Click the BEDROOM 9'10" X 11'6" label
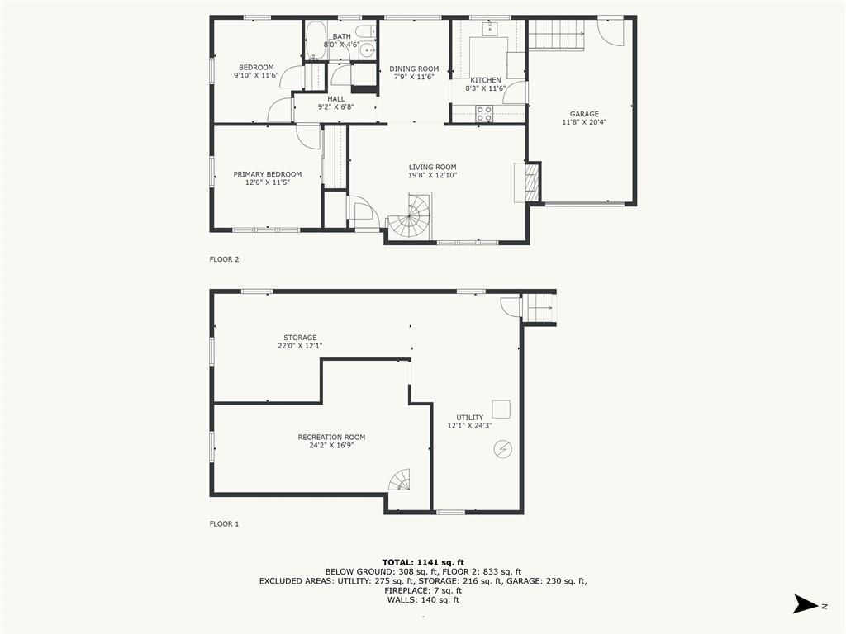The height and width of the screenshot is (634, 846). coord(256,72)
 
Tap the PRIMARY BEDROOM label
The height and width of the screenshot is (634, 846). coord(268,174)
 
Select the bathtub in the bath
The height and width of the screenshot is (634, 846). coord(315,40)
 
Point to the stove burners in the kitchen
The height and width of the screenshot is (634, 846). coord(484,113)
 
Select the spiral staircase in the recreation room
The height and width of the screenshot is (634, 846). coord(400,480)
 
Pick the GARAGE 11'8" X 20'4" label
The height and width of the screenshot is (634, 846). coord(584,118)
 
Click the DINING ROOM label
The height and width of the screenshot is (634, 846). coord(414,69)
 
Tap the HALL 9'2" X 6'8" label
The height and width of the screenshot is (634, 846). coord(335,103)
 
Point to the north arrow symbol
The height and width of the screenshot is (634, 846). coord(806,603)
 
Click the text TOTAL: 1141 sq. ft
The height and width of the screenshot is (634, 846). coord(423,562)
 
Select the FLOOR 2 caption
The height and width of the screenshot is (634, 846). coord(224,259)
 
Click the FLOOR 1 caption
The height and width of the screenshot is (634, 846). coord(224,523)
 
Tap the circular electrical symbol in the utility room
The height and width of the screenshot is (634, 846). coord(503,449)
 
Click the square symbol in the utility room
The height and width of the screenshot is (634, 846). coord(501,409)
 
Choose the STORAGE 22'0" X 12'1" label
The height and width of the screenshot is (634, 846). coord(300,342)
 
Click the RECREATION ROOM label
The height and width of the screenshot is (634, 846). coord(331,438)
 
